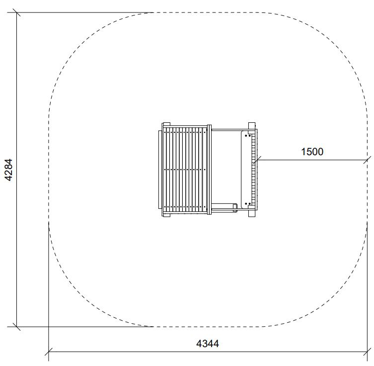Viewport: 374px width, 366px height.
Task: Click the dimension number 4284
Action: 8,170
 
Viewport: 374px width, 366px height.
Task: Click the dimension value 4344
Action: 208,344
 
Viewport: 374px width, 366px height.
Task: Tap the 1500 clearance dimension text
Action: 312,152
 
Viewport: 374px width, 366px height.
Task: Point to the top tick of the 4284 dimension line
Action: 16,12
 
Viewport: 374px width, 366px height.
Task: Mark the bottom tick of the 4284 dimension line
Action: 16,327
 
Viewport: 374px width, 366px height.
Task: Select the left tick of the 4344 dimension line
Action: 49,352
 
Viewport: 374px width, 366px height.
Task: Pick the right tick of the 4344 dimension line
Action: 367,352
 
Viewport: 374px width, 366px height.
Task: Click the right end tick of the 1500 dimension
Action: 367,160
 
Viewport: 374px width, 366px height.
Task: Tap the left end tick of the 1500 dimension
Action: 257,160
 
